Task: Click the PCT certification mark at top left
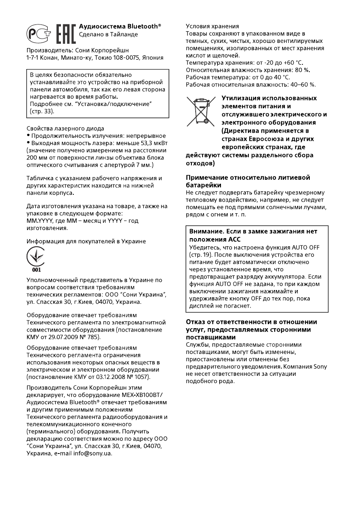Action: point(39,33)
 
